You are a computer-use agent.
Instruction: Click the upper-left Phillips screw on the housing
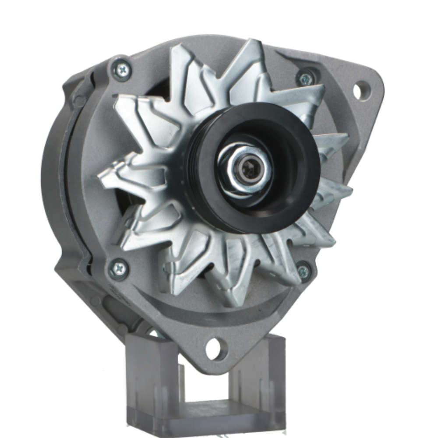click(x=121, y=69)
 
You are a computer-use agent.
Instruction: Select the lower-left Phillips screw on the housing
click(x=118, y=268)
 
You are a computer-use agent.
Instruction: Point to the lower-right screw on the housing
click(x=304, y=271)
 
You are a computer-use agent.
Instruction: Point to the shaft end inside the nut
click(x=248, y=169)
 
